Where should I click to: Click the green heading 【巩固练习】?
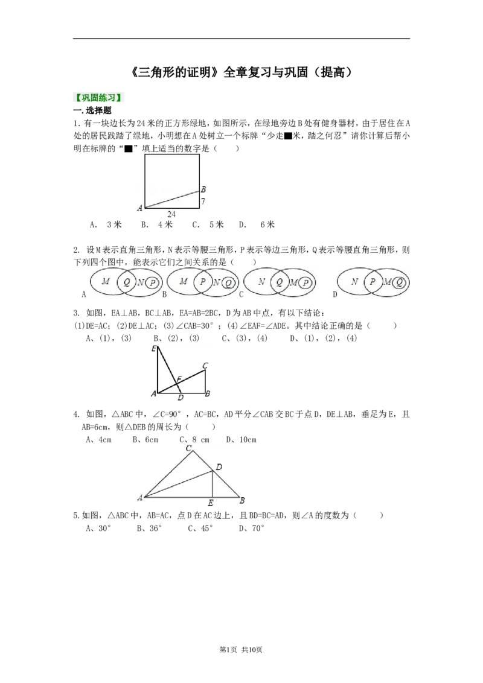98,98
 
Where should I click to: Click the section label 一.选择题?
92,110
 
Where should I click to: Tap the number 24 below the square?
171,214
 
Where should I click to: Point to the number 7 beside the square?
203,202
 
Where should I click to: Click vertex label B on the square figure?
203,189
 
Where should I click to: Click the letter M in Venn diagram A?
106,281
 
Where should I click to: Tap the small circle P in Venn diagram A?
152,283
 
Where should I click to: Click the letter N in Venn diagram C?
261,282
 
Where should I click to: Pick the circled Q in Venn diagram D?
399,283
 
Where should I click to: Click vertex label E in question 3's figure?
154,349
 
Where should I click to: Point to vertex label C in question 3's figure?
205,366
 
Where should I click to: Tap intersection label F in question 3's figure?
178,380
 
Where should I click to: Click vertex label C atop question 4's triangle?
189,448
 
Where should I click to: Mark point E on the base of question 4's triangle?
211,503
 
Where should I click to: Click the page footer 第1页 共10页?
241,650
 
